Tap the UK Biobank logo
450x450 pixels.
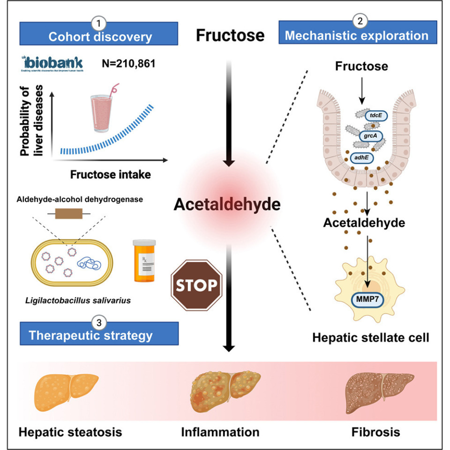[x=52, y=63]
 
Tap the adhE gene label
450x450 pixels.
[x=362, y=158]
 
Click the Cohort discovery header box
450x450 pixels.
[x=99, y=36]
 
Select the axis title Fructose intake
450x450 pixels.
[x=111, y=175]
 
